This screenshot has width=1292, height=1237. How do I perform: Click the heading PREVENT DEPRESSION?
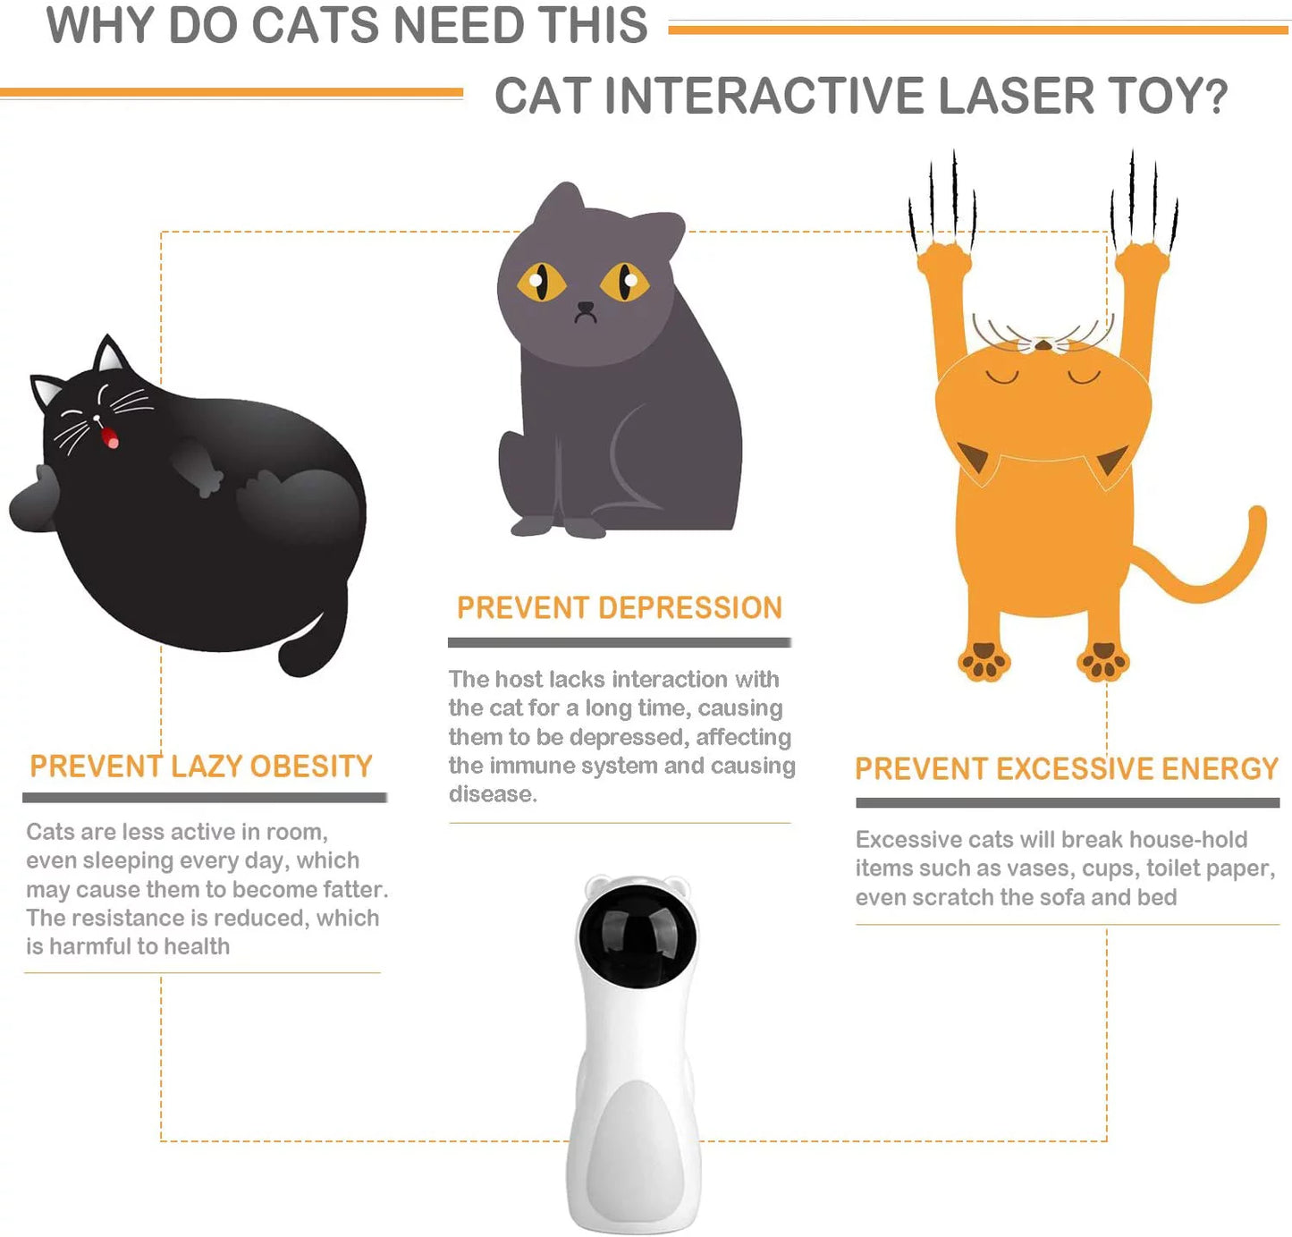point(619,608)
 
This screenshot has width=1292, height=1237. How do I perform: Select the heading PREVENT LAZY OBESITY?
point(201,767)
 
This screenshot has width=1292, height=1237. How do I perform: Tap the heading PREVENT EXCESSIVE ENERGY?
point(1067,769)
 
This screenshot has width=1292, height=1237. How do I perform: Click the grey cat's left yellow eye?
point(540,282)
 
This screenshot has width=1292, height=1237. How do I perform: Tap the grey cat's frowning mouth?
point(586,312)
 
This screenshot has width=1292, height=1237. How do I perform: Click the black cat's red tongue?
point(111,437)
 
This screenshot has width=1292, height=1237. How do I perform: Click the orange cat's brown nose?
point(1043,344)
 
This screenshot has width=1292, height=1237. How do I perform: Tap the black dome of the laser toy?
point(637,935)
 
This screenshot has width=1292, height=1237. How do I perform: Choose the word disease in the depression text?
point(492,794)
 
